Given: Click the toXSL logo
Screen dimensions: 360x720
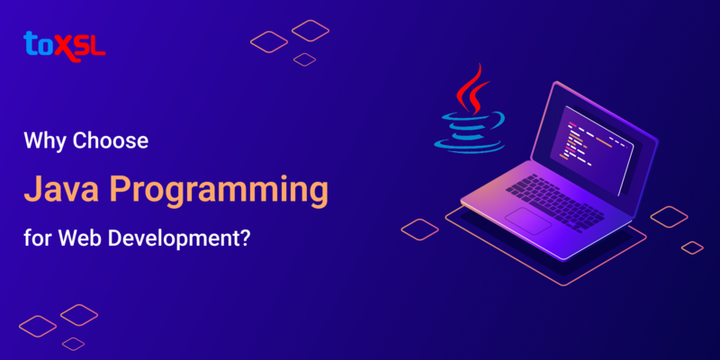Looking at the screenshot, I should (64, 43).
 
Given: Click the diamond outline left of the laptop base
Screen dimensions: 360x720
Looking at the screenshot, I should (419, 229).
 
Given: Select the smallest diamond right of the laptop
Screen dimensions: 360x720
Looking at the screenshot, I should (691, 247).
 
